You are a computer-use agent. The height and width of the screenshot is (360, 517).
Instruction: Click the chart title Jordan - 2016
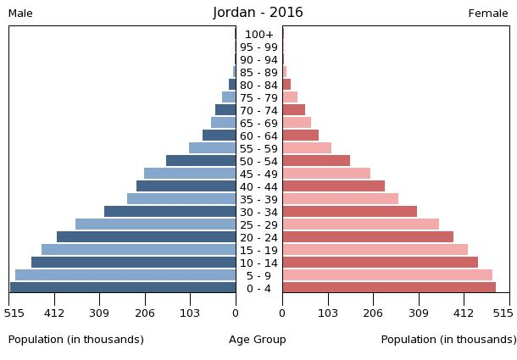point(258,13)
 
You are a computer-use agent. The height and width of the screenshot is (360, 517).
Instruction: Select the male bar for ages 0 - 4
point(123,288)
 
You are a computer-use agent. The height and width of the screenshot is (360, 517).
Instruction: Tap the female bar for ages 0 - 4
point(389,288)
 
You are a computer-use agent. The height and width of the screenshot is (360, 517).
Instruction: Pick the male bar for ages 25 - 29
point(155,224)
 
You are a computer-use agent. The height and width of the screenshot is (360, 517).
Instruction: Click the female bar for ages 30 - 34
point(349,212)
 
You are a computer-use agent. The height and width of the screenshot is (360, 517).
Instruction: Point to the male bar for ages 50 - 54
point(201,161)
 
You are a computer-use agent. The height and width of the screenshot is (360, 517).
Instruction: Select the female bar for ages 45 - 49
point(326,174)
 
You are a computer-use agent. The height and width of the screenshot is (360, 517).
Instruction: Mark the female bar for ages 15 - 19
point(375,250)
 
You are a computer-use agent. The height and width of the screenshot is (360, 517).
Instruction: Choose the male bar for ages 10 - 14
point(133,263)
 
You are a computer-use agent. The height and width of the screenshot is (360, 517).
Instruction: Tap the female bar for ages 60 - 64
point(300,136)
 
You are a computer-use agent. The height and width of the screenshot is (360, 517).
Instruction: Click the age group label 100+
point(258,35)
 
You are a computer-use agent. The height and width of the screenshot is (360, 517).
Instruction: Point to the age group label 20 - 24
point(258,238)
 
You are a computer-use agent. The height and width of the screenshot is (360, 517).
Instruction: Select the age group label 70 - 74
point(258,111)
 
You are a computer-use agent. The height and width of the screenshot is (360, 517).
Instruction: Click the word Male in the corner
point(20,14)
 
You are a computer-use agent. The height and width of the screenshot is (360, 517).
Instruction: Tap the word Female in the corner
point(488,14)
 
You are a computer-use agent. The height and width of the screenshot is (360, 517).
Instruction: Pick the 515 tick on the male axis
point(13,313)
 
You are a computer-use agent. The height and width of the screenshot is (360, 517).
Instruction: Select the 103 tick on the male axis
point(189,313)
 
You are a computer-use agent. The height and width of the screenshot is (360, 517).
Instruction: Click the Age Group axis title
point(258,340)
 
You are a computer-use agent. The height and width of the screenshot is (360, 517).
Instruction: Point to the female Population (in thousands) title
point(448,340)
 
